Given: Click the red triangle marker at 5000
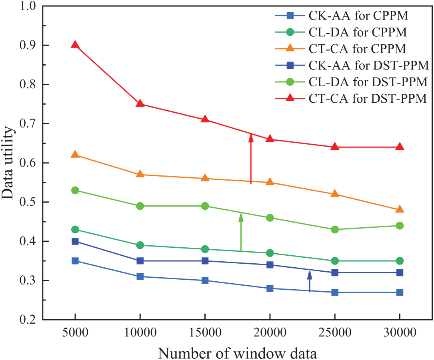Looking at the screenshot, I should coord(75,45).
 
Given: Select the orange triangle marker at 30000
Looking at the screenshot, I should coord(400,210).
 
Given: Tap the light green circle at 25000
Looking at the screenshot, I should coord(335,229).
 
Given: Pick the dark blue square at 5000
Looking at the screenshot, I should coord(75,241).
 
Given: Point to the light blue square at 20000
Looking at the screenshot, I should coord(270,288).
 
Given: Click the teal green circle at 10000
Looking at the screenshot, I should coord(140,245).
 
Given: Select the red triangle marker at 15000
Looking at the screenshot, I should coord(205,119).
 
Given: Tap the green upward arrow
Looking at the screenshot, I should coord(241,232).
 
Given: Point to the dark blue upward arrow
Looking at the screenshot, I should coord(309,281).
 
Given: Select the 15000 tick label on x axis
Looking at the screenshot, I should coord(205,333).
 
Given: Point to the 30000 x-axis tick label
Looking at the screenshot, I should coord(400,333).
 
